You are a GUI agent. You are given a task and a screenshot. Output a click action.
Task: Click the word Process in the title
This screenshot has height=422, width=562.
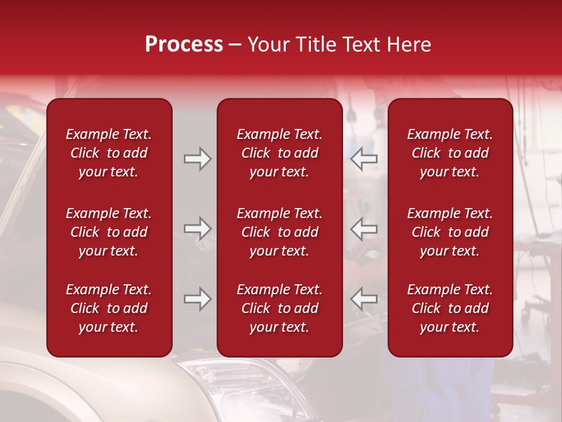tap(184, 45)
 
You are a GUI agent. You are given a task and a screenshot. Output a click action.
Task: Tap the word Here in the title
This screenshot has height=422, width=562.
tap(409, 45)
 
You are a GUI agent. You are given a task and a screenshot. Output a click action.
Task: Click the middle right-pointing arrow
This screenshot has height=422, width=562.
tap(197, 229)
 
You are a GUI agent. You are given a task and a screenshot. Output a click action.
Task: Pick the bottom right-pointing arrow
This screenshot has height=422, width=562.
tap(197, 299)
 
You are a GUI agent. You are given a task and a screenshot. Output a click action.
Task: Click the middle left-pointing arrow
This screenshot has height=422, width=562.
tap(364, 229)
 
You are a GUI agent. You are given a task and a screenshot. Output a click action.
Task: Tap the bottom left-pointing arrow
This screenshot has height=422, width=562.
tap(364, 299)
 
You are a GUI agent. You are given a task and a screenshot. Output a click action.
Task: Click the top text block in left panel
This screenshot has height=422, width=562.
tap(109, 153)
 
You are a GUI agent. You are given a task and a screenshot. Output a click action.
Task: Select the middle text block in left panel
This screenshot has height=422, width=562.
tap(109, 232)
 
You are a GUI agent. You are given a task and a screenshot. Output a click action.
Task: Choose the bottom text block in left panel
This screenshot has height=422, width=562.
tap(109, 308)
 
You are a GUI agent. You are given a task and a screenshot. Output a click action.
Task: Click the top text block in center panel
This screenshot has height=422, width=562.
tap(279, 153)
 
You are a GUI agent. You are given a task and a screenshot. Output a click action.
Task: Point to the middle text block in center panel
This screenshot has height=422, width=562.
tap(279, 232)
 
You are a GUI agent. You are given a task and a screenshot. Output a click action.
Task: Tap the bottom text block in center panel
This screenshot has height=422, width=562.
tap(279, 308)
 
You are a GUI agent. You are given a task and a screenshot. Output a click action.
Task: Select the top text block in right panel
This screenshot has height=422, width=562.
tap(450, 153)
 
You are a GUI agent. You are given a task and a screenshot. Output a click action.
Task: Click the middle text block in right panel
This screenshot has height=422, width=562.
tap(450, 232)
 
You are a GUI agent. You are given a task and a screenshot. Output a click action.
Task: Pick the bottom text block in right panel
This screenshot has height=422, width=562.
tap(450, 308)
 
